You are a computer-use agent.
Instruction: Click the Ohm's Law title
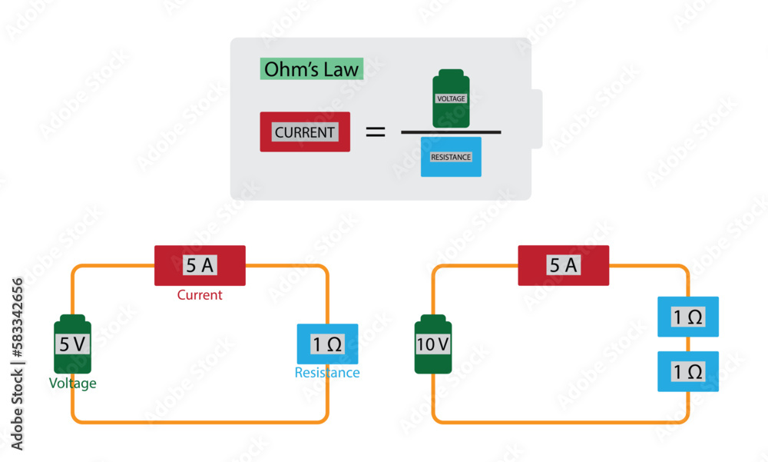coord(310,70)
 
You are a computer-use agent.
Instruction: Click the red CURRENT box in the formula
coord(305,131)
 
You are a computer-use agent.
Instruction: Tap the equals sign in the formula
coord(375,131)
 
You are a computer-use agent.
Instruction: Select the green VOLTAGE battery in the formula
coord(452,99)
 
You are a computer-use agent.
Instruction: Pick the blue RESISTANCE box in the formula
coord(451,157)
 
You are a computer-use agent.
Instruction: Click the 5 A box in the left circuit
coord(200,265)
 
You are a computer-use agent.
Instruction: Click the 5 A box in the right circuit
coord(564,265)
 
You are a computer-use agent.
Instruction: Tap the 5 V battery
coord(72,345)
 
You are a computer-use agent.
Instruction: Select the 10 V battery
coord(433,345)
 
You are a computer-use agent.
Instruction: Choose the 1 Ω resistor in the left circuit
coord(327,344)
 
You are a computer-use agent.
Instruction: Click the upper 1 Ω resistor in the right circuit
coord(688,317)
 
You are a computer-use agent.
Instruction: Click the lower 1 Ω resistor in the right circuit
coord(688,372)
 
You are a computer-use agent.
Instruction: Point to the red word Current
coord(200,295)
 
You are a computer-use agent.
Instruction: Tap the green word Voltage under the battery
coord(73,384)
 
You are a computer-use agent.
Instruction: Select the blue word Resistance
coord(327,373)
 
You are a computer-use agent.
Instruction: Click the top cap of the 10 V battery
coord(433,317)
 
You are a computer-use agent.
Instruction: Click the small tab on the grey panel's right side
coord(537,119)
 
